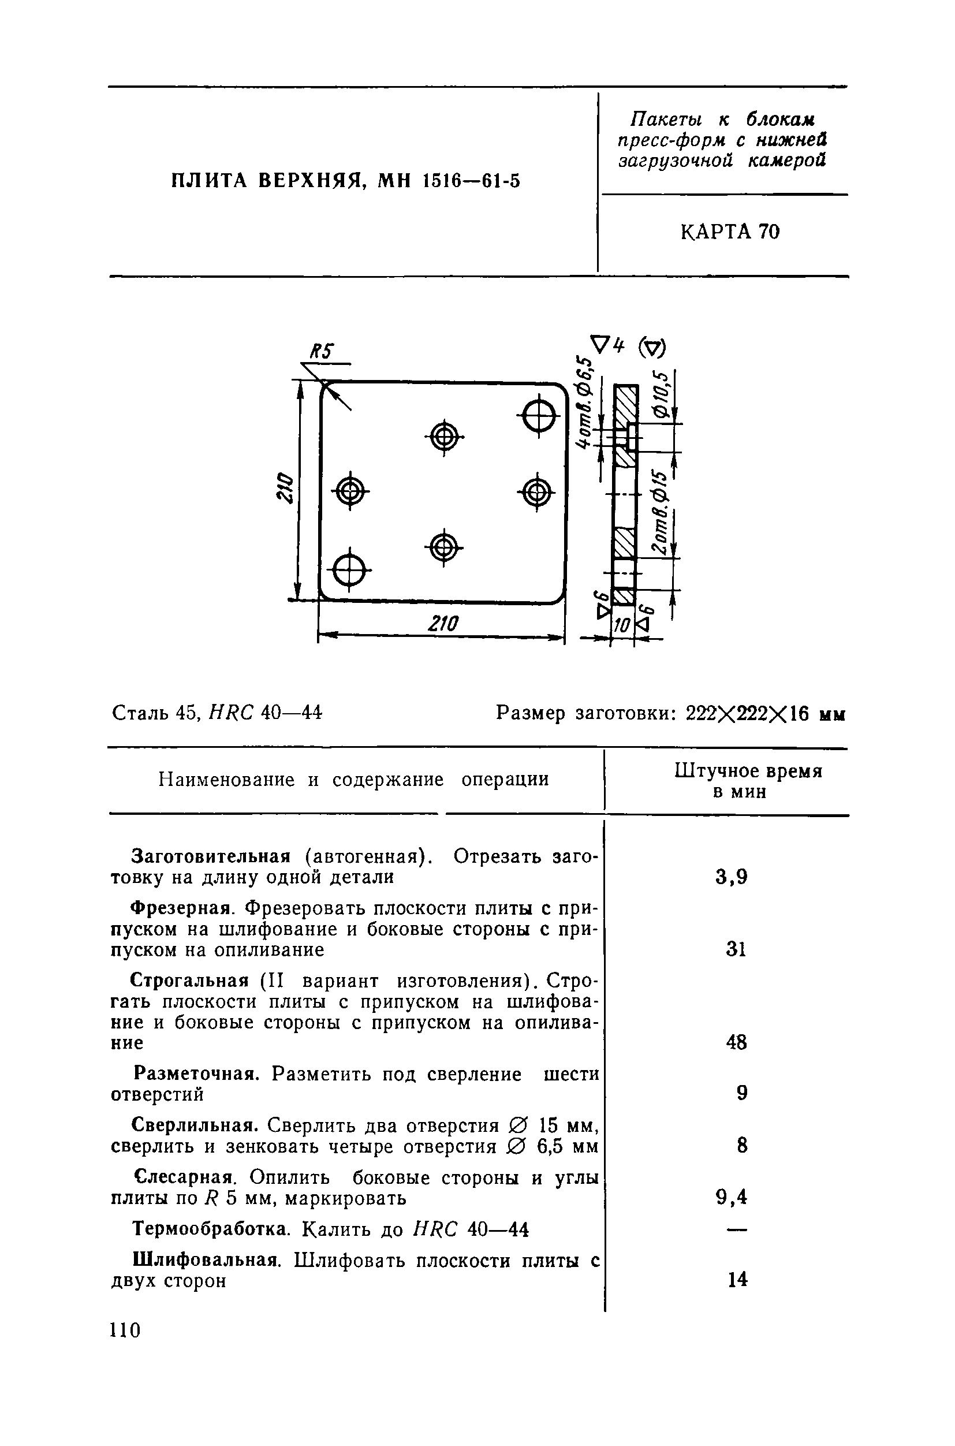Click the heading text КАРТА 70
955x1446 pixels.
coord(730,232)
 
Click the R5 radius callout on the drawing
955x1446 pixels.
coord(322,353)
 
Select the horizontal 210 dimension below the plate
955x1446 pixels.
coord(443,624)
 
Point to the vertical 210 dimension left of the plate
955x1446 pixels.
coord(285,487)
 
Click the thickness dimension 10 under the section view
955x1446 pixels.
coord(622,625)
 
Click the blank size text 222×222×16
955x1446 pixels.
coord(747,713)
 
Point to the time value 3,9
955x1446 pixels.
coord(731,878)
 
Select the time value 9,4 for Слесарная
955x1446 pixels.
coord(731,1198)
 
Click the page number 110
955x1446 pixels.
coord(125,1331)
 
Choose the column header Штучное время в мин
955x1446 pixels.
coord(747,781)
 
